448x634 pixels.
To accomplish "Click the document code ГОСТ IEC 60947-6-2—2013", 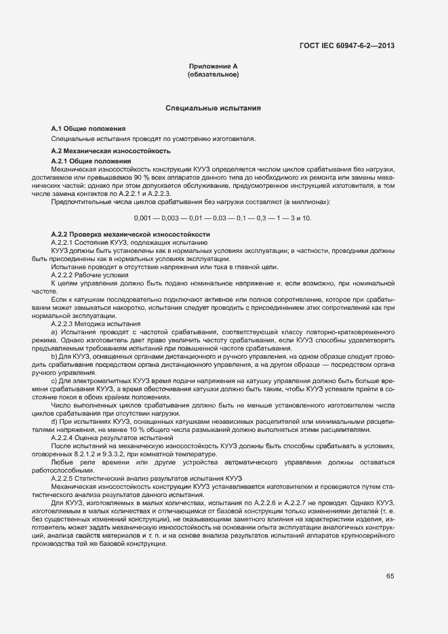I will [x=347, y=46].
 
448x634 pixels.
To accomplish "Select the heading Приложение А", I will [x=213, y=66].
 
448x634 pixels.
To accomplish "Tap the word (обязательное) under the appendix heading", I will [x=213, y=74].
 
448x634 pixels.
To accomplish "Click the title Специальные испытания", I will [x=213, y=108].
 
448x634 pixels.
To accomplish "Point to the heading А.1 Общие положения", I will [x=88, y=128].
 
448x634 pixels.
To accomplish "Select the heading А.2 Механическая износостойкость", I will [x=110, y=150].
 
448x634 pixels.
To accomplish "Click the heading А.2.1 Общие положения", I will [x=91, y=161].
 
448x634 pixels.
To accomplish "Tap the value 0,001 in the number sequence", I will [x=143, y=218].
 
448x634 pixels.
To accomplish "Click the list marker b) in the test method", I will [x=54, y=356].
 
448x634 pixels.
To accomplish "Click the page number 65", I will [x=390, y=576].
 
